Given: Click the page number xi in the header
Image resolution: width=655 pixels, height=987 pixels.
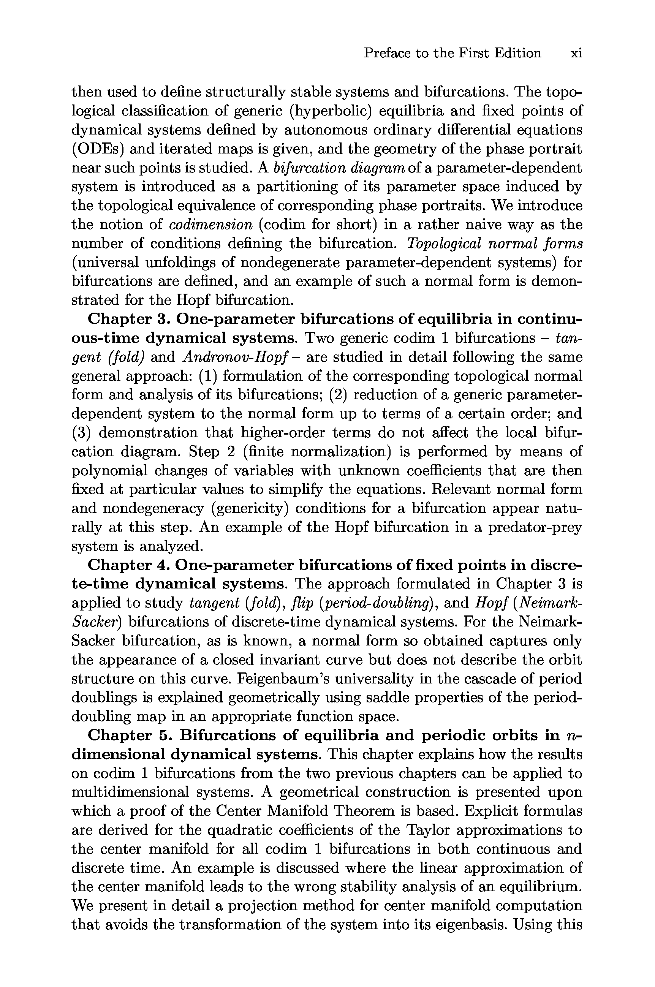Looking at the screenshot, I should [576, 54].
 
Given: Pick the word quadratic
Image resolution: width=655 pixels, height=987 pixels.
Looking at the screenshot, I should [238, 830].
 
